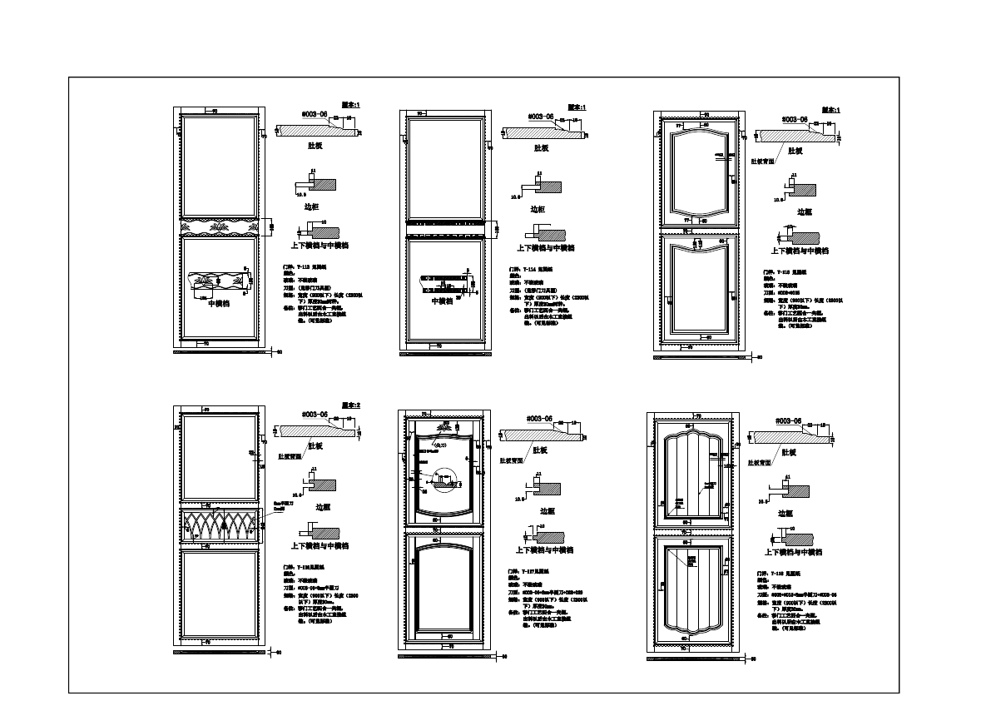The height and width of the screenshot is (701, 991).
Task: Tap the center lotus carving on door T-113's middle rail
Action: coord(219,226)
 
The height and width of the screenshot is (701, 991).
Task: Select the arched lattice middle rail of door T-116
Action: coord(219,527)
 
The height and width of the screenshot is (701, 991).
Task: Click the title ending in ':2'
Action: coord(351,405)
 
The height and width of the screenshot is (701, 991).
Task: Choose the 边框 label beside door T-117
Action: coord(548,511)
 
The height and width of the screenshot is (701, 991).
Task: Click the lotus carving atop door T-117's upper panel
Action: coord(445,425)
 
